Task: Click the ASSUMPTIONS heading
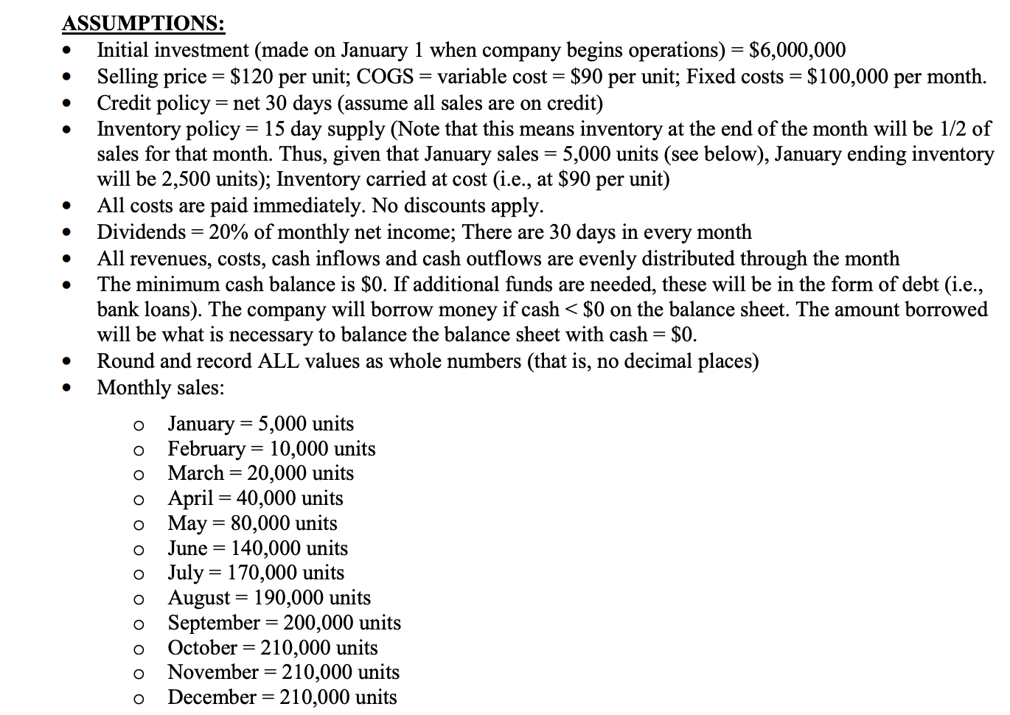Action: pyautogui.click(x=143, y=24)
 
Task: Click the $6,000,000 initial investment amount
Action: pyautogui.click(x=797, y=50)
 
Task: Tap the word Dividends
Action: pyautogui.click(x=141, y=232)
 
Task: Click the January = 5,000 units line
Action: pyautogui.click(x=260, y=424)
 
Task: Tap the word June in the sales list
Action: pyautogui.click(x=187, y=548)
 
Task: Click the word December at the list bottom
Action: pyautogui.click(x=211, y=697)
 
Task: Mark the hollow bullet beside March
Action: pyautogui.click(x=138, y=475)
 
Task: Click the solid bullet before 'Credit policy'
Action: pyautogui.click(x=68, y=103)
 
